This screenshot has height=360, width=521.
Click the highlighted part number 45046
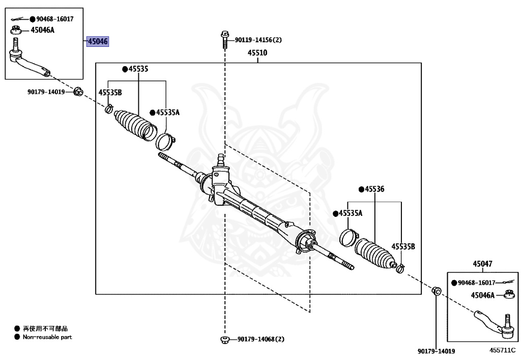pyautogui.click(x=98, y=41)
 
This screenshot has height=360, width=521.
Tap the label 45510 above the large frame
pyautogui.click(x=257, y=53)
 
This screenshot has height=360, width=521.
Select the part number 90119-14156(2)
pyautogui.click(x=258, y=40)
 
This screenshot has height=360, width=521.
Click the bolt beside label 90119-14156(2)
pyautogui.click(x=224, y=40)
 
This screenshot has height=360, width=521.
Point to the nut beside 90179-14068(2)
pyautogui.click(x=225, y=340)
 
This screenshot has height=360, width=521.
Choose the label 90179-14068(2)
pyautogui.click(x=261, y=340)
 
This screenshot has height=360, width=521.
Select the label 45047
pyautogui.click(x=482, y=264)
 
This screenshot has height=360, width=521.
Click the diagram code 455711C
pyautogui.click(x=502, y=350)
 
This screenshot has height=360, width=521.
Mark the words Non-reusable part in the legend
pyautogui.click(x=47, y=337)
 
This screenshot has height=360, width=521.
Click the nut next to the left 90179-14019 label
pyautogui.click(x=78, y=92)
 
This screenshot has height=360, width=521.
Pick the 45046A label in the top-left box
pyautogui.click(x=43, y=30)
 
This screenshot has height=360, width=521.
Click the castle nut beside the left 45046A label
pyautogui.click(x=16, y=30)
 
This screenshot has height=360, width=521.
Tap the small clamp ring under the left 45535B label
pyautogui.click(x=109, y=108)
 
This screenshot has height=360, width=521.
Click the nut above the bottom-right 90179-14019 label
pyautogui.click(x=436, y=291)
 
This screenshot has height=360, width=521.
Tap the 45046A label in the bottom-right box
pyautogui.click(x=482, y=295)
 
